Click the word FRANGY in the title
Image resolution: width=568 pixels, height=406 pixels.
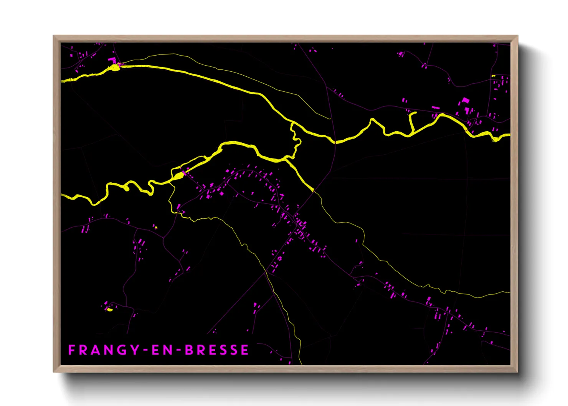click(x=104, y=350)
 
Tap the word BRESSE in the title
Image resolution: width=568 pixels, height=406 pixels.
click(x=217, y=350)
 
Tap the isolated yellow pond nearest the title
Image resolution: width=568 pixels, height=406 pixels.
click(x=110, y=309)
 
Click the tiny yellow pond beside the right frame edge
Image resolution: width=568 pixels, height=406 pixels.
click(x=494, y=76)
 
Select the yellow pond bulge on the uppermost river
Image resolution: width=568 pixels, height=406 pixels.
click(x=114, y=68)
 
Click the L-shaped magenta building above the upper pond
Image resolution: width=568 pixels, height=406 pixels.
click(x=112, y=60)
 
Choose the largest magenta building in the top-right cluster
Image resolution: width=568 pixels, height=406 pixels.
click(x=466, y=101)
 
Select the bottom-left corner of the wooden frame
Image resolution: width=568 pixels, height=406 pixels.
click(x=54, y=371)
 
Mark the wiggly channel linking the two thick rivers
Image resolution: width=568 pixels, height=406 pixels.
click(x=296, y=140)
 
